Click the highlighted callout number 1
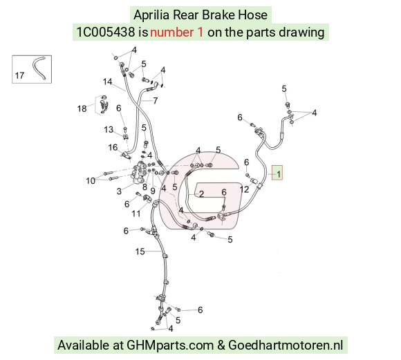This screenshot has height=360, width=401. [279, 174]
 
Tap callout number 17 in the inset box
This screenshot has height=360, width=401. [19, 75]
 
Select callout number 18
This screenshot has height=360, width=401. [82, 108]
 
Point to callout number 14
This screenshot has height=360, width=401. [107, 82]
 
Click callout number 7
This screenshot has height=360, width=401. [156, 101]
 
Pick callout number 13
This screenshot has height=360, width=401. [109, 129]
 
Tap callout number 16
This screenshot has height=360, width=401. [113, 147]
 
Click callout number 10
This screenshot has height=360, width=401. [91, 181]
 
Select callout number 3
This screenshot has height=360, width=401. [119, 191]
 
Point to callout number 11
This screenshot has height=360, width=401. [136, 214]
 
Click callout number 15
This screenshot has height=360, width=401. [140, 252]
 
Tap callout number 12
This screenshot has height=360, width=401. [244, 189]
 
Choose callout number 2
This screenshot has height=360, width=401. [201, 194]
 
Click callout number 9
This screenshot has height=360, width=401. [153, 191]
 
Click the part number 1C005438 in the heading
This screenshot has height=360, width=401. [106, 32]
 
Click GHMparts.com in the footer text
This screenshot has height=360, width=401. [170, 345]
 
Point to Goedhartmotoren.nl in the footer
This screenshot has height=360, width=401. [286, 345]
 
